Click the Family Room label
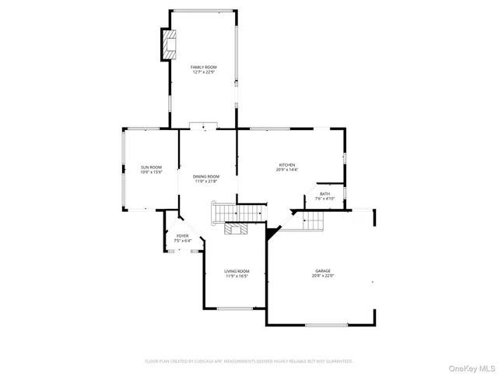click(x=205, y=67)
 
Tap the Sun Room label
click(x=151, y=167)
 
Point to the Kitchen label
click(x=287, y=164)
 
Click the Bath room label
click(x=324, y=193)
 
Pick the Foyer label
click(x=182, y=235)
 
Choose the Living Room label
click(x=237, y=271)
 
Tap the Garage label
click(x=323, y=271)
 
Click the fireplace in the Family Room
click(x=169, y=44)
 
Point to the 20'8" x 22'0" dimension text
click(x=323, y=276)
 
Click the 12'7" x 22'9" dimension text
click(x=205, y=72)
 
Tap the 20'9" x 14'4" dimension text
click(x=287, y=170)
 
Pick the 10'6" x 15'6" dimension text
click(x=151, y=172)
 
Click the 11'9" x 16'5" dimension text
click(x=237, y=277)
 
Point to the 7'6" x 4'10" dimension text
click(x=324, y=199)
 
